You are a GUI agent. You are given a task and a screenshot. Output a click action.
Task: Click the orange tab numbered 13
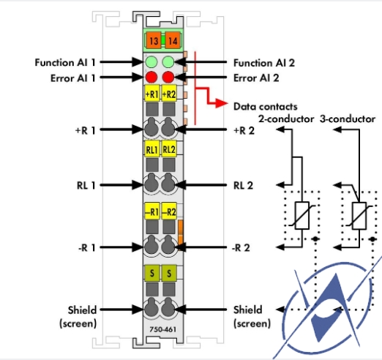click(154, 40)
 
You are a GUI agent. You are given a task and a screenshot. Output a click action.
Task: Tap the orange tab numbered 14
click(173, 40)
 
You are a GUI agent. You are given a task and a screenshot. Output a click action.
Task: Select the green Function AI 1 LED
click(151, 62)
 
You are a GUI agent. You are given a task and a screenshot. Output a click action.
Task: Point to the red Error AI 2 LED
click(168, 78)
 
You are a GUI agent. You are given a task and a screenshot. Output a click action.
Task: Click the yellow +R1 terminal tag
click(152, 94)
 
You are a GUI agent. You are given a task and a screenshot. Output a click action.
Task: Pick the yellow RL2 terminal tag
click(169, 149)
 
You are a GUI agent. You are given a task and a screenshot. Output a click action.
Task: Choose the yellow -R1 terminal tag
click(152, 211)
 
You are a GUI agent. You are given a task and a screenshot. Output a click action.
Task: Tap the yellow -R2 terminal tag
click(169, 211)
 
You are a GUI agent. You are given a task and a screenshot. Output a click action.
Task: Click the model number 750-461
click(163, 329)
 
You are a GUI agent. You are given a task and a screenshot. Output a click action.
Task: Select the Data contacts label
click(266, 107)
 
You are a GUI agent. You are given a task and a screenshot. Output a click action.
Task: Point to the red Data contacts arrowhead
click(222, 103)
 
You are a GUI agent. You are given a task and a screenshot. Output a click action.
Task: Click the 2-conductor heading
click(286, 119)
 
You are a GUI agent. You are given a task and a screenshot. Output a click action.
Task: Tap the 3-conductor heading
click(348, 119)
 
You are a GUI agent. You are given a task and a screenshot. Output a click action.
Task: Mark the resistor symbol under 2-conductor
click(302, 215)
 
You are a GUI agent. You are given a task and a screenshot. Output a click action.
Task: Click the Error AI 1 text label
click(72, 78)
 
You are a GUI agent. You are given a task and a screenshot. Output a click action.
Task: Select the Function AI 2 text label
click(264, 63)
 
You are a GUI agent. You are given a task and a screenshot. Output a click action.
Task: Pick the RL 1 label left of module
click(86, 185)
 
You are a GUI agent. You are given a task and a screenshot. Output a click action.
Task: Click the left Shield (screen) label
click(78, 317)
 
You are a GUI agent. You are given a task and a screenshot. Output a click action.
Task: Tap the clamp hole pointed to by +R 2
click(168, 127)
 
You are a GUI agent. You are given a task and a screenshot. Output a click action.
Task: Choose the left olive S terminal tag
click(152, 273)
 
